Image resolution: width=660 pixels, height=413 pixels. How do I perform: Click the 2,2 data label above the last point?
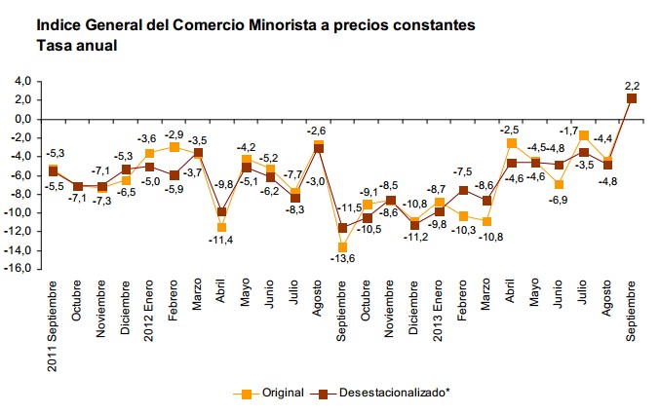pyautogui.click(x=631, y=85)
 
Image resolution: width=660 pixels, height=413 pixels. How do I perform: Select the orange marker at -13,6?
pyautogui.click(x=342, y=246)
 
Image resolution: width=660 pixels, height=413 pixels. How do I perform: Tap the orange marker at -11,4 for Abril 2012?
pyautogui.click(x=222, y=226)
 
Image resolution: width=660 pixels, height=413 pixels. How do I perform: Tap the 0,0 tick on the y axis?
pyautogui.click(x=22, y=119)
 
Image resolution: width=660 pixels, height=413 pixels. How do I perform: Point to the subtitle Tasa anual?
pyautogui.click(x=77, y=44)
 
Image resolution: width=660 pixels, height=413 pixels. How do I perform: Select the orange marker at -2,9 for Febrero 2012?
pyautogui.click(x=174, y=146)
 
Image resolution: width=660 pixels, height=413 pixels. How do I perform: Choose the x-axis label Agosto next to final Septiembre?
pyautogui.click(x=607, y=301)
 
